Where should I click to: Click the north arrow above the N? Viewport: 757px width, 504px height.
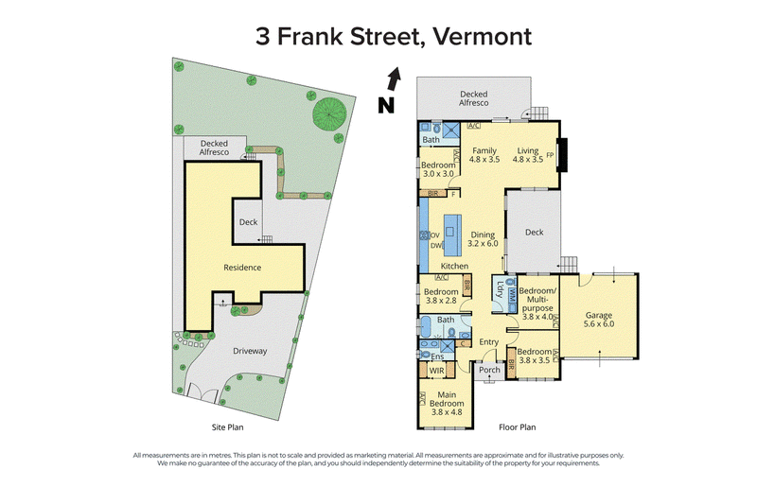pyautogui.click(x=395, y=78)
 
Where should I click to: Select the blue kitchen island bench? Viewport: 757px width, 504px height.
pyautogui.click(x=452, y=235)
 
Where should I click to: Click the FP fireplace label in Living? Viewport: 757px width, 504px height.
pyautogui.click(x=550, y=155)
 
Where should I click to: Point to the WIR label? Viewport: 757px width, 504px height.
pyautogui.click(x=436, y=371)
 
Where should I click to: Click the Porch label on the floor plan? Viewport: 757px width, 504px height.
pyautogui.click(x=489, y=370)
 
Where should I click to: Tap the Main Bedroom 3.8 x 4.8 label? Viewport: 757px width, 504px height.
pyautogui.click(x=447, y=403)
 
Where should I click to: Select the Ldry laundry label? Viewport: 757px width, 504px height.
pyautogui.click(x=500, y=289)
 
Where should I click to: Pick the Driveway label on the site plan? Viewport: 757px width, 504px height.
pyautogui.click(x=250, y=351)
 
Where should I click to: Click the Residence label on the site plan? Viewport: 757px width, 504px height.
pyautogui.click(x=242, y=268)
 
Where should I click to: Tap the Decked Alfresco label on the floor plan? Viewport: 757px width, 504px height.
pyautogui.click(x=474, y=98)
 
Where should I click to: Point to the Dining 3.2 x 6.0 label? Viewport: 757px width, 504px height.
pyautogui.click(x=483, y=239)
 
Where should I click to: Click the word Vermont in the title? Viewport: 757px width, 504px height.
pyautogui.click(x=482, y=37)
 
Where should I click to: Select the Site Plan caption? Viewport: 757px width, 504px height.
pyautogui.click(x=227, y=427)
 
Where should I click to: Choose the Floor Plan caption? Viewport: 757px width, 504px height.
pyautogui.click(x=517, y=427)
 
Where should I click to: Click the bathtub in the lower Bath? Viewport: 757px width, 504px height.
pyautogui.click(x=427, y=326)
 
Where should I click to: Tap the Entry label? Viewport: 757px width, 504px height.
pyautogui.click(x=488, y=342)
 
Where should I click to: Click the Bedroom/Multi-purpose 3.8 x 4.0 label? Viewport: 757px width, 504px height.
pyautogui.click(x=537, y=304)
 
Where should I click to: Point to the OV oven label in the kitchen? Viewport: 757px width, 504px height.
pyautogui.click(x=435, y=235)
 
